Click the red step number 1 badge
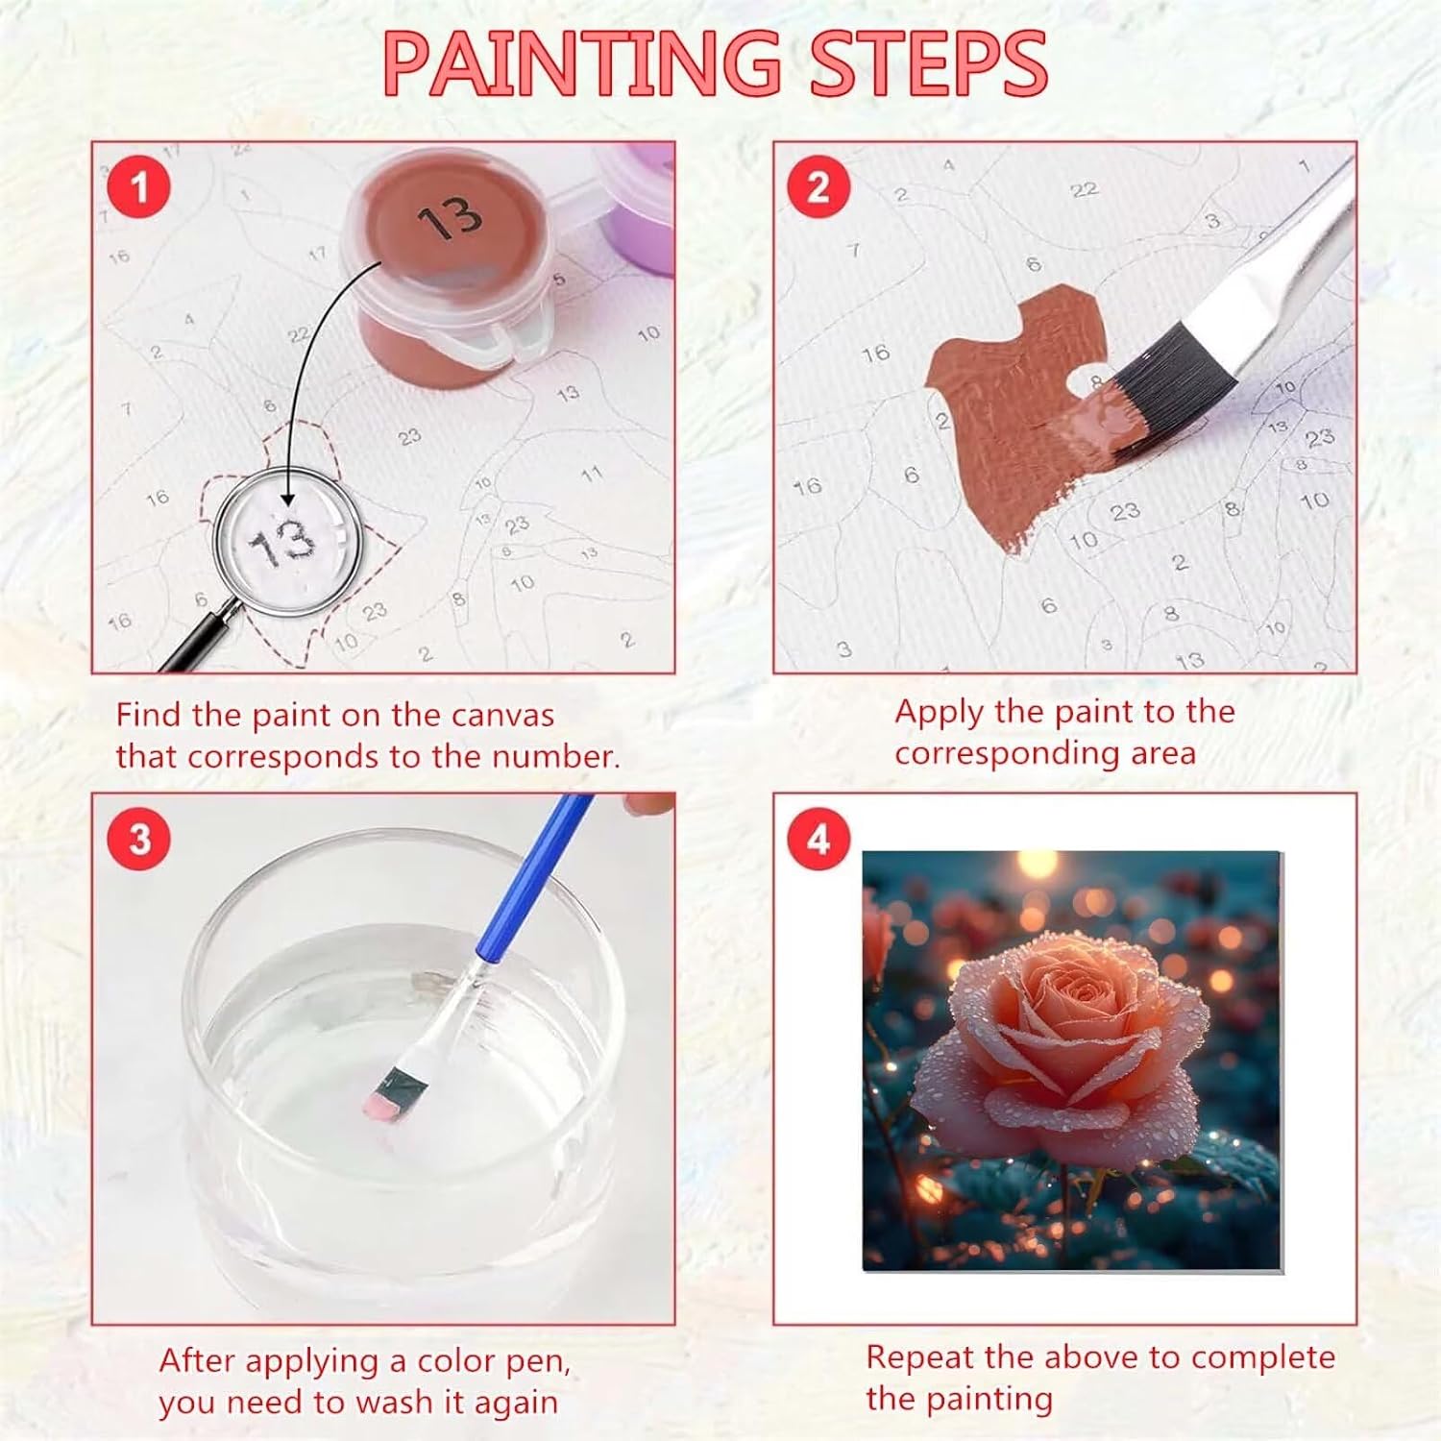coord(139,186)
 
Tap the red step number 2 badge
coord(818,186)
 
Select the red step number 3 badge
coord(139,839)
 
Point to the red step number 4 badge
coord(818,839)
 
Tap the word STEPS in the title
coord(928,63)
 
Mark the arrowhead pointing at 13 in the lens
coord(285,497)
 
